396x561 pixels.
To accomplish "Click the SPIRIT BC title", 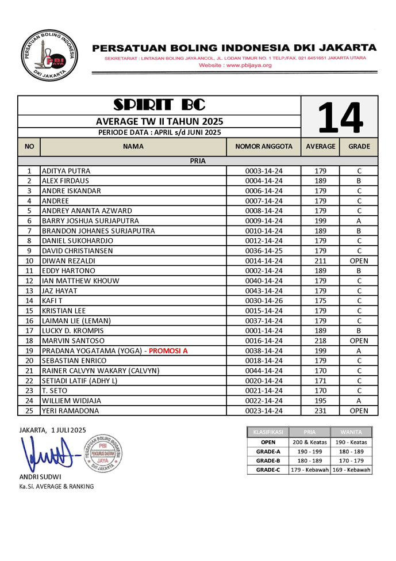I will tap(159, 105).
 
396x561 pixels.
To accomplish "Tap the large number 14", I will tap(340, 118).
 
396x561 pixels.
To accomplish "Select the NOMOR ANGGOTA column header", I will tap(264, 147).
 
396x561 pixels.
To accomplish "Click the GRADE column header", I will tap(359, 147).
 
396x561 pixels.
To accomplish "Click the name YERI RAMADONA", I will tap(70, 411).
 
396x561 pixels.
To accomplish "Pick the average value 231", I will tap(320, 411).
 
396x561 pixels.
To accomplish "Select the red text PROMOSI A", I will tap(168, 350).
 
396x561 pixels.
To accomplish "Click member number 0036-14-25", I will tap(264, 251).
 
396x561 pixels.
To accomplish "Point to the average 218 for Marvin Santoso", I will tap(320, 341).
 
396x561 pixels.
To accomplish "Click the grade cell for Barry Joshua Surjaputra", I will tap(359, 221).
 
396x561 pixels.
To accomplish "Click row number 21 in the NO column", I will tap(29, 371).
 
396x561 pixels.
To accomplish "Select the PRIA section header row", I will tap(198, 161).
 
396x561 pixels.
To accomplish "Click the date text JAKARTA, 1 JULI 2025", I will tap(52, 429).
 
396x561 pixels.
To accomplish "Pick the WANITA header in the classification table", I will tap(351, 432).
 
